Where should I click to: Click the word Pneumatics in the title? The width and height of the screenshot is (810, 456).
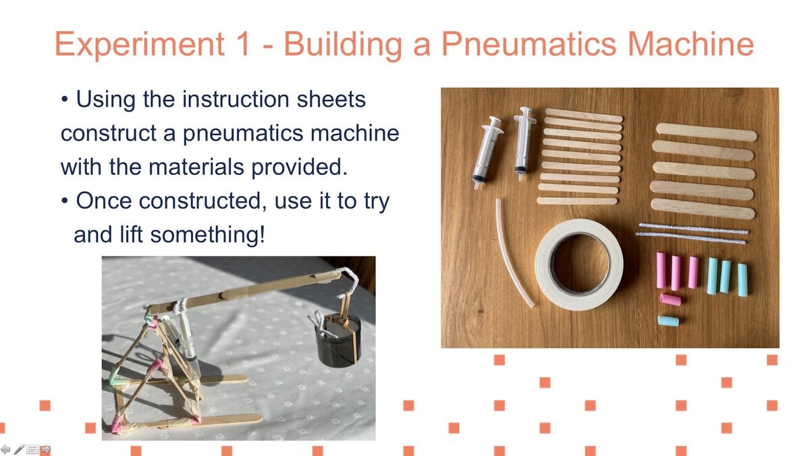(529, 45)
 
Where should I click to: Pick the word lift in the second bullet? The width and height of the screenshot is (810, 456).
(130, 234)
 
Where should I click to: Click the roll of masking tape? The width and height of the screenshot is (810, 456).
(579, 264)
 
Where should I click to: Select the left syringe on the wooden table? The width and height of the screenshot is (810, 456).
(487, 152)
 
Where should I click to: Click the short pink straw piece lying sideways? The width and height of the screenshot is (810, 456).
(670, 300)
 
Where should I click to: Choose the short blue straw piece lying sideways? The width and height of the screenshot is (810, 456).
(668, 321)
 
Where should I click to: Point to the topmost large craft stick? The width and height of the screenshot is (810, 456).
(706, 132)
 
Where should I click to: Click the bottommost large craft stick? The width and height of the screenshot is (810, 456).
(703, 209)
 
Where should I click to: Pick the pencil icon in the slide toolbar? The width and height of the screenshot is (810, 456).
(19, 449)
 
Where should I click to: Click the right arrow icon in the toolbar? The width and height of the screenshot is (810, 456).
(45, 449)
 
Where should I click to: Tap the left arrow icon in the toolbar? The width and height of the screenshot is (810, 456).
(6, 449)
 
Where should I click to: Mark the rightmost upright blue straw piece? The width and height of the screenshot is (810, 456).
(742, 280)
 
